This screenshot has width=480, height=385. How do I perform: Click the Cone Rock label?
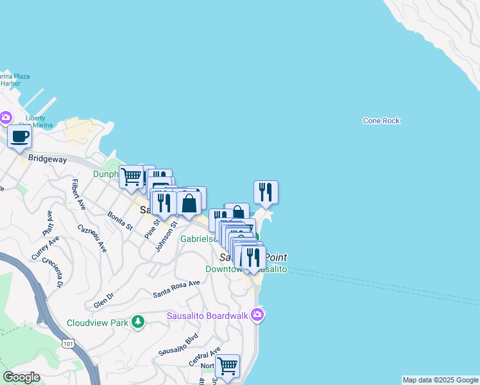point(381,121)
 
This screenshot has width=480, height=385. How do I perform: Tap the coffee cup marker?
point(20,137)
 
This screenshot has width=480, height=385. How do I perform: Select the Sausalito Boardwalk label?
point(208,315)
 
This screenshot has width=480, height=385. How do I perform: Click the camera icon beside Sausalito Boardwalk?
point(257,314)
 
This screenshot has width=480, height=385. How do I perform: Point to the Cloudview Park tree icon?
point(137,321)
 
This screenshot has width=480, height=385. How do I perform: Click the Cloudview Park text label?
point(97,323)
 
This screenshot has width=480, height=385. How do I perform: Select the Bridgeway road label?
point(47,158)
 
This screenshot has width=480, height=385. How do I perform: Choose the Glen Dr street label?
point(103,300)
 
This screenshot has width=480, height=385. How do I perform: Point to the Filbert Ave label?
point(79,194)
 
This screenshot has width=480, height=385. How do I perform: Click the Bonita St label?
point(120,220)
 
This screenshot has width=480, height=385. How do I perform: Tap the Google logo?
point(21,377)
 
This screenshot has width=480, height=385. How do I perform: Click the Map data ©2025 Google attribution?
point(440,380)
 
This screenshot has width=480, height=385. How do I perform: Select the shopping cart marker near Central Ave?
point(227,366)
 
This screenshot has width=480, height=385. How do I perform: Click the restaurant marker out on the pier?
point(266,192)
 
